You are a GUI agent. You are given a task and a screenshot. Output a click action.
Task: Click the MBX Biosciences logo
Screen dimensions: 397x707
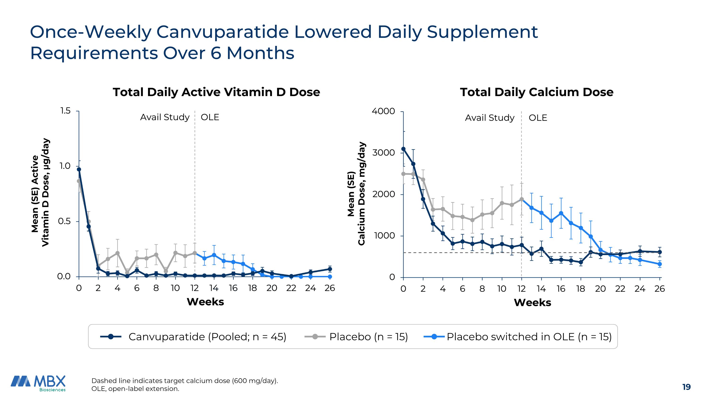(38, 383)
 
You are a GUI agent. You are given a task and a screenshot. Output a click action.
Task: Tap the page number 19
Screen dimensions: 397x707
(686, 387)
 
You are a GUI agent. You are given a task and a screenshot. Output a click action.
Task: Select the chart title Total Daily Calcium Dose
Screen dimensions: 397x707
(537, 92)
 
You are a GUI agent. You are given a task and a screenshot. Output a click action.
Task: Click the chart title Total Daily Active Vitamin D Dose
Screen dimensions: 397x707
(216, 92)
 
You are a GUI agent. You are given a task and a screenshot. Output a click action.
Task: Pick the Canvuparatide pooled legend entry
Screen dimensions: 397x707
(207, 337)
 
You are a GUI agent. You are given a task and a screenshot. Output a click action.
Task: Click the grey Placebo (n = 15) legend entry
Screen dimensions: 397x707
(368, 337)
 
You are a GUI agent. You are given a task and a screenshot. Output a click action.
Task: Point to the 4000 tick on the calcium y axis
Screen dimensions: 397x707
(383, 111)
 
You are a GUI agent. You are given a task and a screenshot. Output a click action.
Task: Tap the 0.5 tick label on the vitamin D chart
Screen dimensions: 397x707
(64, 221)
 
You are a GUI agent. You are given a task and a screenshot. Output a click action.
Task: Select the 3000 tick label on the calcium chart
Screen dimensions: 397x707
(383, 152)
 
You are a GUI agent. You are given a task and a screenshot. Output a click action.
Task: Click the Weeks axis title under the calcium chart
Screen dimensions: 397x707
(532, 302)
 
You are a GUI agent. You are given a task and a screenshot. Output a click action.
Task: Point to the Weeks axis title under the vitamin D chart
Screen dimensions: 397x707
(205, 302)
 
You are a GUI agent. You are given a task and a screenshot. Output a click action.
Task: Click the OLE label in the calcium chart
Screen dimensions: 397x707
(538, 118)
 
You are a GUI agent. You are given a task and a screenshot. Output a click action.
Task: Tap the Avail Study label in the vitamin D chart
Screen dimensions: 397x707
(165, 117)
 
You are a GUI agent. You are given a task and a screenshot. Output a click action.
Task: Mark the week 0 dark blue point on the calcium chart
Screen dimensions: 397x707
(403, 149)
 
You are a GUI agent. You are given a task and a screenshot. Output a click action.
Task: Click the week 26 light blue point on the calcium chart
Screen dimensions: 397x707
(660, 264)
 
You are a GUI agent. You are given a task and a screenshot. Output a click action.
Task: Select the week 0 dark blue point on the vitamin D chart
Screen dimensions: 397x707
(79, 169)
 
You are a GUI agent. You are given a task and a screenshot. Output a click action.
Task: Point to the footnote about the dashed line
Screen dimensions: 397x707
(185, 381)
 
